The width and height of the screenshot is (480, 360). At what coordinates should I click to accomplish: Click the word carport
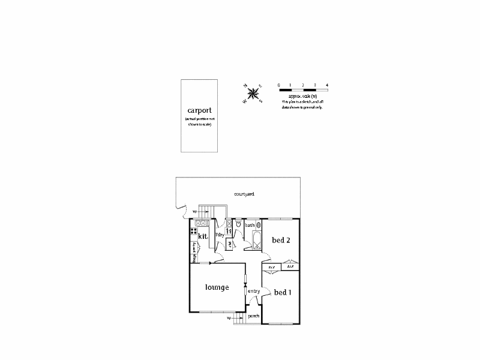tap(200, 110)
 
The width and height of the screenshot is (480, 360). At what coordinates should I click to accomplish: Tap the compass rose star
tap(253, 93)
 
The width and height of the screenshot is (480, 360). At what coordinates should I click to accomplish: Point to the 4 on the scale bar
tap(327, 85)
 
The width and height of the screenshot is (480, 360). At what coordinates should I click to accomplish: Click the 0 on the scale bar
tap(279, 85)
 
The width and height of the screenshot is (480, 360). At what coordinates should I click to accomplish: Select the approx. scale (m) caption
tap(302, 96)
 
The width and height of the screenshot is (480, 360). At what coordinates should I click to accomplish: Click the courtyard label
tap(245, 194)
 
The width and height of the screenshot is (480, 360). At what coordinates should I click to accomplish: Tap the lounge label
tap(217, 287)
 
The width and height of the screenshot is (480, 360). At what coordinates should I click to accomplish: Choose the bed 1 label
tap(283, 293)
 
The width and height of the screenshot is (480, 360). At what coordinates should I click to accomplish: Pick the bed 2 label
tap(281, 241)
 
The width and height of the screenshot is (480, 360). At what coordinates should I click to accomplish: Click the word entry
tap(254, 292)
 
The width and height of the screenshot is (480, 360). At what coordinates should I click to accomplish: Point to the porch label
tap(254, 316)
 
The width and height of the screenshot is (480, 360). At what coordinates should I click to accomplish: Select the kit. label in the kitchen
tap(203, 236)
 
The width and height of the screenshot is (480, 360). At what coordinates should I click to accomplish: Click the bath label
tap(250, 225)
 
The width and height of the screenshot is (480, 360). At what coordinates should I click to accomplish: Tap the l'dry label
tap(219, 235)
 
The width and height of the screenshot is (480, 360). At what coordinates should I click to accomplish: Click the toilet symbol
tap(238, 224)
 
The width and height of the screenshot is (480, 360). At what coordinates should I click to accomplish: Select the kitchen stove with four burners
tap(195, 230)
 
